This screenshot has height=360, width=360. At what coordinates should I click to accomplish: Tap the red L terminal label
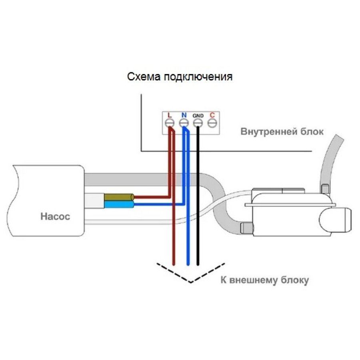pos(170,115)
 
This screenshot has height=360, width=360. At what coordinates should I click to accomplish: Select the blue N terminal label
pos(184,115)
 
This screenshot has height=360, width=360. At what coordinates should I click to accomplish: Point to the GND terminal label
pos(198,116)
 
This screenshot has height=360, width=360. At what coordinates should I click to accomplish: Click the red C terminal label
pos(212,115)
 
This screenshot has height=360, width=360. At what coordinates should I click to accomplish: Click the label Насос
pos(55,217)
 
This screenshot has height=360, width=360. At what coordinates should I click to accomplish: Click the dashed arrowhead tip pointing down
pos(191,282)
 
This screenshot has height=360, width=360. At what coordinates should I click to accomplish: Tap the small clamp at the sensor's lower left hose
pos(245,228)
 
